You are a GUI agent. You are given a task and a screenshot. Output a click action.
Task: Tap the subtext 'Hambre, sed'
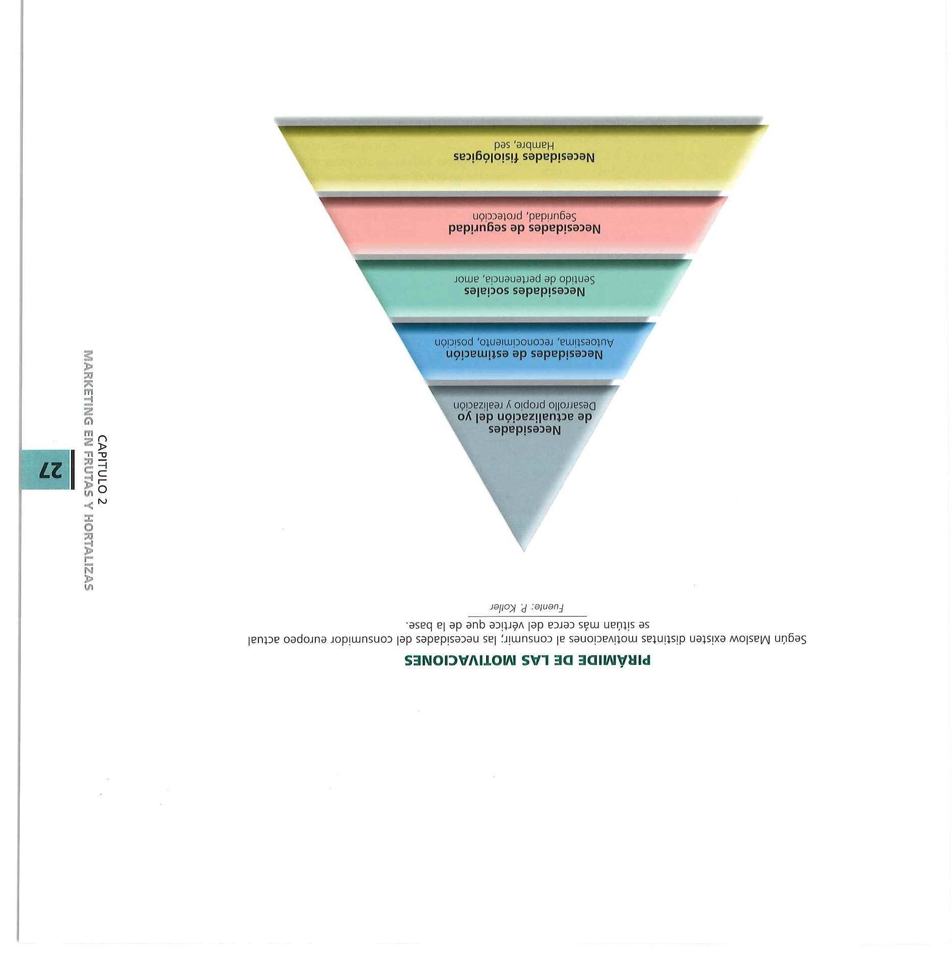524,146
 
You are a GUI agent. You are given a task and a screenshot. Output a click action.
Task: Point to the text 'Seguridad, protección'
524,217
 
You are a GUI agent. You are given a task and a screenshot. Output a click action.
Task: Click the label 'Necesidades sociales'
524,292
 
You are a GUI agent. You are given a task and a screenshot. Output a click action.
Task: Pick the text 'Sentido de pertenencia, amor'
524,279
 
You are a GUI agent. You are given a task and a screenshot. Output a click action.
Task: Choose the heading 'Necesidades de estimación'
524,355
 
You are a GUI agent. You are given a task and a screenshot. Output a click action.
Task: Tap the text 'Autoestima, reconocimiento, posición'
524,343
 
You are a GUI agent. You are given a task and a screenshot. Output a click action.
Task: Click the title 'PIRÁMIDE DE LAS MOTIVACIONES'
527,660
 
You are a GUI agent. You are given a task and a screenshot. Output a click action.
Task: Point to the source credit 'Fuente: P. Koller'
527,607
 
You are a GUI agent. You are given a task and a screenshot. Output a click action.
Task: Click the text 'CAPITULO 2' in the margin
103,469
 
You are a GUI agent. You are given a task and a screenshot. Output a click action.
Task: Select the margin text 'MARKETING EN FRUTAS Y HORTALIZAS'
89,469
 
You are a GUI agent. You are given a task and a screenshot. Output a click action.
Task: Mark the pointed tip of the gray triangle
524,551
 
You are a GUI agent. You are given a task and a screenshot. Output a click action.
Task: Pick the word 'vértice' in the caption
491,625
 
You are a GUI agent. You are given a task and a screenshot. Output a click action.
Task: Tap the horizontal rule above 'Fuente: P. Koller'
527,616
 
